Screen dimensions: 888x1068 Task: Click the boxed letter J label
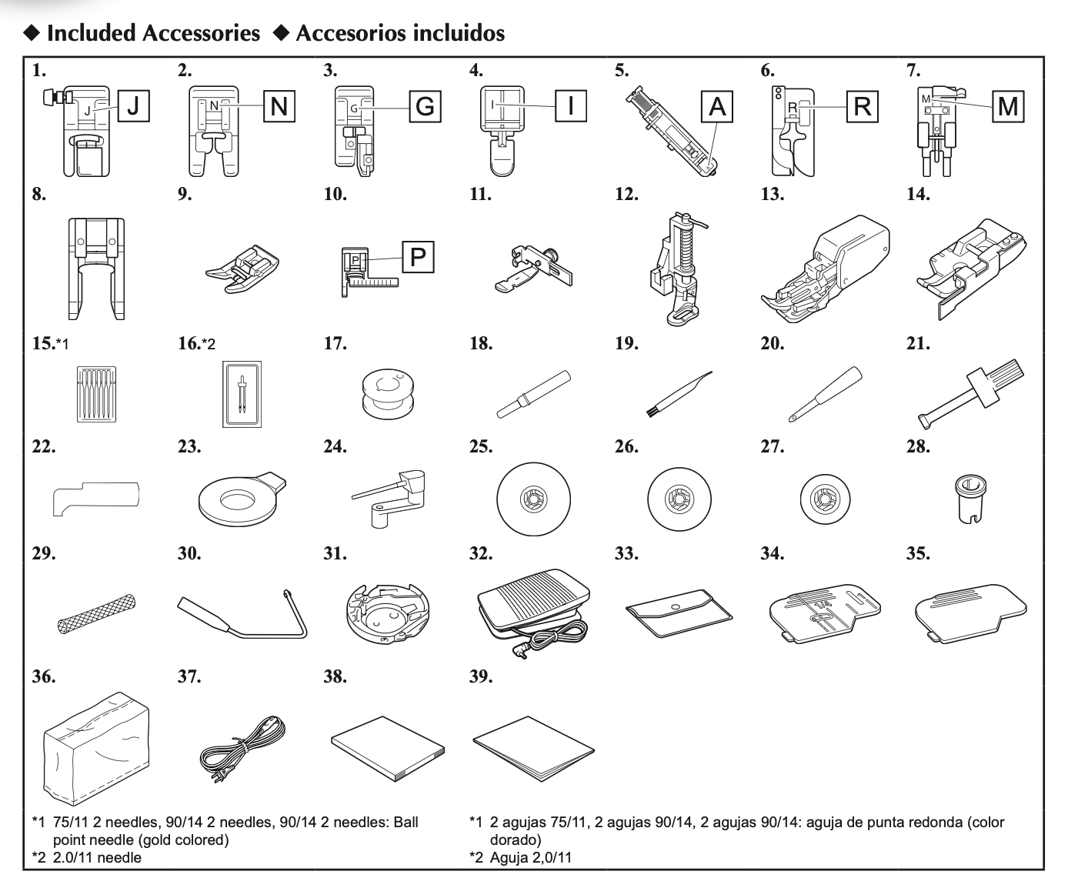[133, 106]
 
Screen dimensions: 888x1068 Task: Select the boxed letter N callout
[279, 106]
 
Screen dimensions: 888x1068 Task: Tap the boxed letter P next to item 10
[418, 256]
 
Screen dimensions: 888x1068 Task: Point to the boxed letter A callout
[717, 106]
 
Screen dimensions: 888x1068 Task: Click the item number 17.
[335, 343]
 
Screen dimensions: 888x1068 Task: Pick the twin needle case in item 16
[242, 393]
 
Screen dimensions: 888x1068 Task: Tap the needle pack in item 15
[95, 393]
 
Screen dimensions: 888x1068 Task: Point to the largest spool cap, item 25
[533, 499]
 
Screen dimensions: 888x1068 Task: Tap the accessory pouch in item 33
[679, 613]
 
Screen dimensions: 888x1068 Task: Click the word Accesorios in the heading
[342, 33]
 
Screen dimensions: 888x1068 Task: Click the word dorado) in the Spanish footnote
[515, 840]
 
